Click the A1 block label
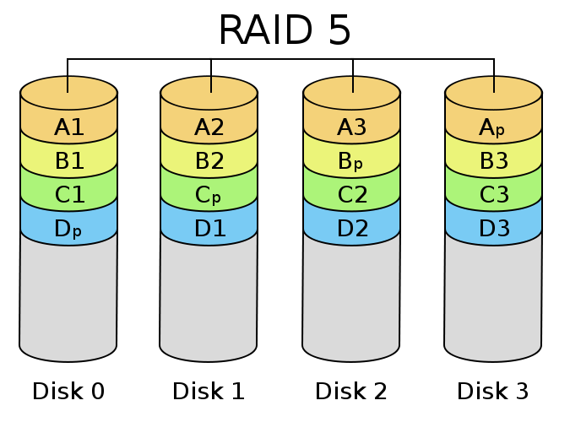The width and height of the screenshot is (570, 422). tap(69, 127)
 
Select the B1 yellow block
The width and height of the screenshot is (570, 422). tap(69, 161)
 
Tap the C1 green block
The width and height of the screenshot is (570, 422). tap(69, 195)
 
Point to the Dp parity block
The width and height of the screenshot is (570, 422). tap(69, 228)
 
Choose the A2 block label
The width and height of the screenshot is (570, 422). tap(209, 127)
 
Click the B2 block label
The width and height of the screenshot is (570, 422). tap(209, 161)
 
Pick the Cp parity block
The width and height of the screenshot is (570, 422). tap(209, 195)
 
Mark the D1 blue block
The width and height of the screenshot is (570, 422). tap(209, 228)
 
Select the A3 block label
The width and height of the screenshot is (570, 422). tap(352, 127)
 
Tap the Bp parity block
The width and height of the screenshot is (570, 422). tap(352, 161)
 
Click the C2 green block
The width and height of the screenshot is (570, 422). tap(352, 195)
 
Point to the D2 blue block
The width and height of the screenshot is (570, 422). tap(352, 228)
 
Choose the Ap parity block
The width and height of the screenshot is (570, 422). tap(493, 127)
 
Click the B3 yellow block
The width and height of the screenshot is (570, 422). tap(493, 161)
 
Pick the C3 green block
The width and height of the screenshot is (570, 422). tap(493, 195)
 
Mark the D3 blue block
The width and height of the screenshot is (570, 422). tap(493, 228)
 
